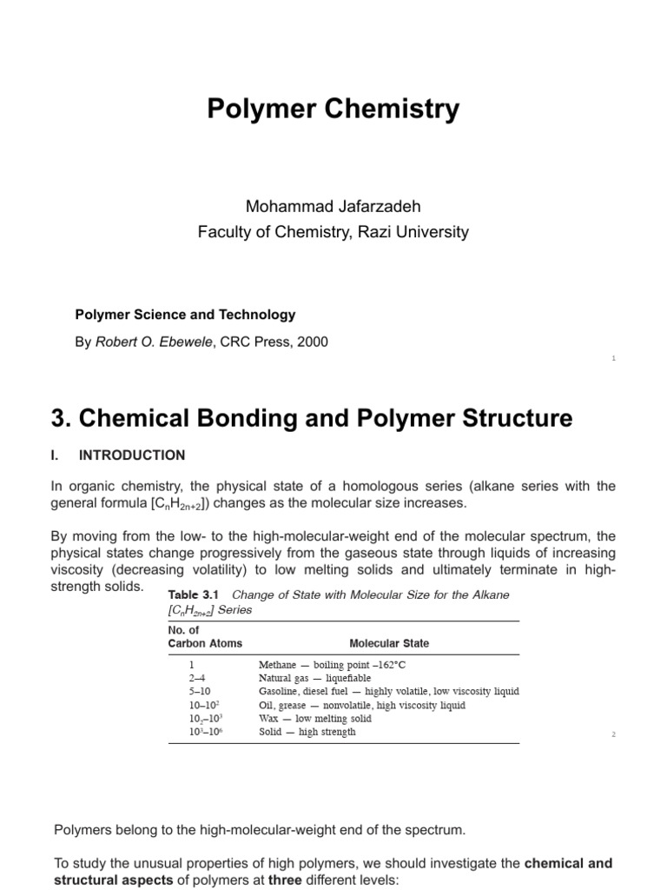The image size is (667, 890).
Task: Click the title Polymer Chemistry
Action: (x=333, y=110)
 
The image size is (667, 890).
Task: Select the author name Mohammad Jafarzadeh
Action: (x=333, y=207)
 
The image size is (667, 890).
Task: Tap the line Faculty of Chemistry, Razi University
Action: (x=333, y=232)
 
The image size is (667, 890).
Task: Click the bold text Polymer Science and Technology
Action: (x=186, y=315)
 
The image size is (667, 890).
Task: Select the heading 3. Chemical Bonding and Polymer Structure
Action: (x=313, y=418)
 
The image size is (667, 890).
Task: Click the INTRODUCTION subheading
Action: (x=132, y=455)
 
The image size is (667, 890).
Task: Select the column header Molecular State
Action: (x=388, y=644)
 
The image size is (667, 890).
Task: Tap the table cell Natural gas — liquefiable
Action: (x=314, y=678)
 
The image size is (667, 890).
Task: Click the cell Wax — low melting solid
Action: (x=314, y=719)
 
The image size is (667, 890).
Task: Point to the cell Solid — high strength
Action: (x=307, y=732)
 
